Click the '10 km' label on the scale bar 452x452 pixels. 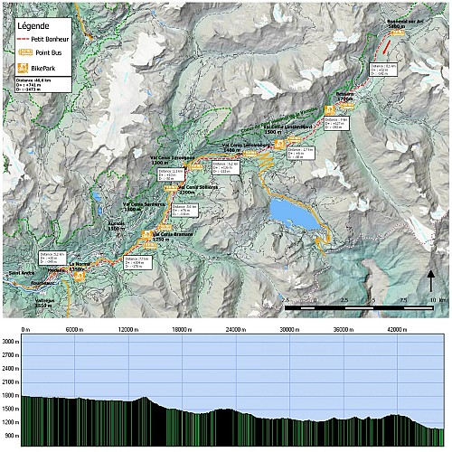(438, 299)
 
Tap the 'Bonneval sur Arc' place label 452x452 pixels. (403, 24)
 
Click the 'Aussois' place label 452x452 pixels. (117, 224)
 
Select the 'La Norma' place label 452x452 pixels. (80, 265)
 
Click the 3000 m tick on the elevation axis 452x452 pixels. (11, 341)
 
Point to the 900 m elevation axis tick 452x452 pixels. (11, 438)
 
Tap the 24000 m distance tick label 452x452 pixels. (235, 330)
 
